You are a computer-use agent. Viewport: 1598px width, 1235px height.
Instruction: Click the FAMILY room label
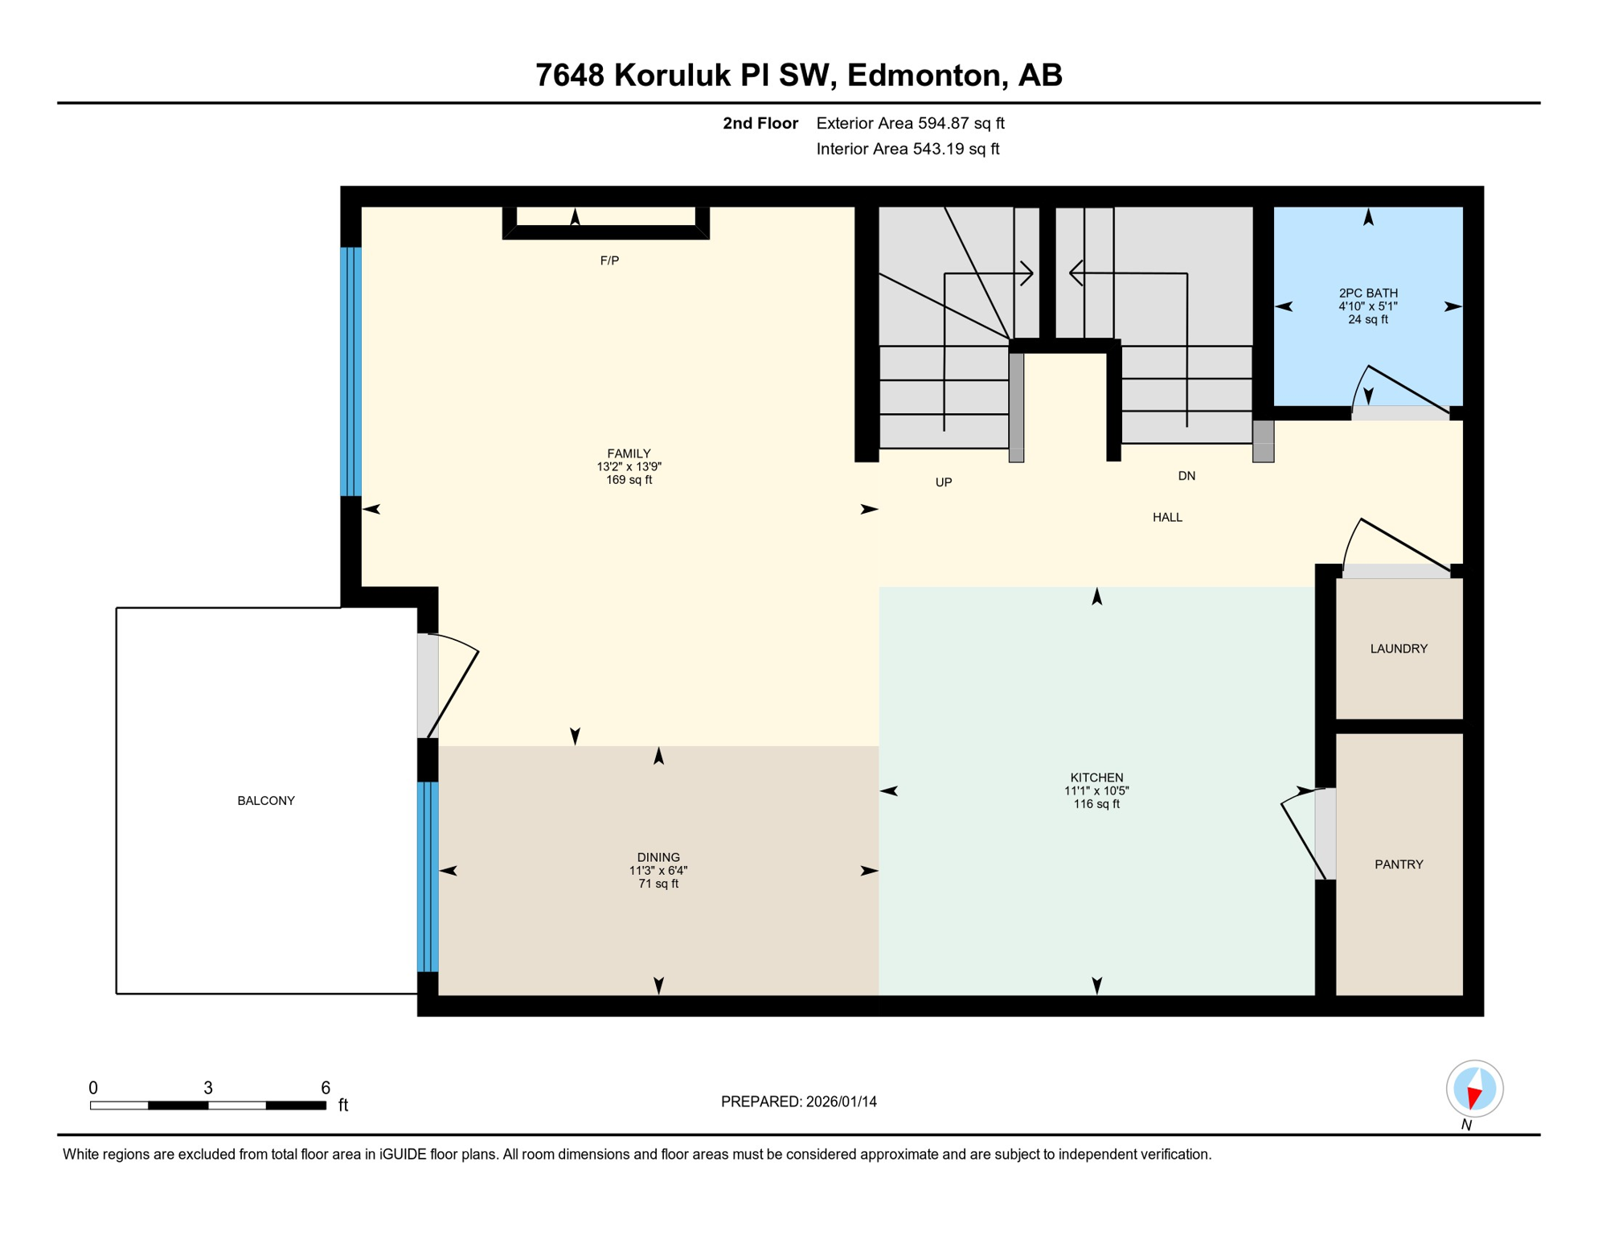[629, 453]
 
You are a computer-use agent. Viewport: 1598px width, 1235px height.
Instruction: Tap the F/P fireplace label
[609, 261]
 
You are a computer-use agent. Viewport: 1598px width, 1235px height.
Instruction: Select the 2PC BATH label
[1368, 293]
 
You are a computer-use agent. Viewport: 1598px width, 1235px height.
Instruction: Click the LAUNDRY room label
[1399, 649]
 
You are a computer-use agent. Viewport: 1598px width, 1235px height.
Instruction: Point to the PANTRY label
[1399, 864]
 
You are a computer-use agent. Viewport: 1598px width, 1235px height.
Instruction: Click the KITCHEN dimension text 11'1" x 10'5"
[1096, 791]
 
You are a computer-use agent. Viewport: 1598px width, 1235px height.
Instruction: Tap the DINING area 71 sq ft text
[658, 884]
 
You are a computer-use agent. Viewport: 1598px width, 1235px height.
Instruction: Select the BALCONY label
[266, 801]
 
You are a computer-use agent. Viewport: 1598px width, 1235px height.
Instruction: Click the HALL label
[1167, 517]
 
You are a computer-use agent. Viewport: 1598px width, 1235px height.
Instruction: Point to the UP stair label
[944, 482]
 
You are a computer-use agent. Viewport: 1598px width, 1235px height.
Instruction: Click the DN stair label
[1186, 476]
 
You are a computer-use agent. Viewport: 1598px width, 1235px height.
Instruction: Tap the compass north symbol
[1474, 1089]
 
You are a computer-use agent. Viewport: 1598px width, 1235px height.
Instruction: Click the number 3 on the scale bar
[207, 1088]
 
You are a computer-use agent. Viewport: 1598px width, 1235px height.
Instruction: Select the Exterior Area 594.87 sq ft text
[910, 123]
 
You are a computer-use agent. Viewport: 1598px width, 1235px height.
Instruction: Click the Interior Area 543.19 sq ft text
[908, 149]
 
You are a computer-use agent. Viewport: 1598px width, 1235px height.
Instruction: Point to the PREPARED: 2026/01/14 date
[798, 1102]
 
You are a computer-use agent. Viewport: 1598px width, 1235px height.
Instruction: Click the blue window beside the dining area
[428, 876]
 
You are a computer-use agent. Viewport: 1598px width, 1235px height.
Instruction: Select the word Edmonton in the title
[924, 75]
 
